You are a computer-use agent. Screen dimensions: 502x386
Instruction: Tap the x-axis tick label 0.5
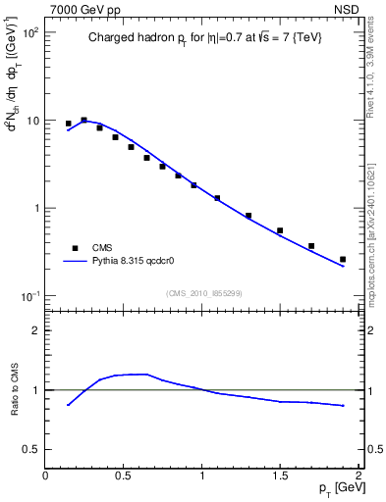point(124,476)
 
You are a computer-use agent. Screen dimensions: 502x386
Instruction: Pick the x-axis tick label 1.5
point(280,476)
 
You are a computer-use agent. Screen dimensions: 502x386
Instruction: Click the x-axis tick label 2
point(358,476)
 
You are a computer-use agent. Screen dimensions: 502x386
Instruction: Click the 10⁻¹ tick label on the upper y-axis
point(28,297)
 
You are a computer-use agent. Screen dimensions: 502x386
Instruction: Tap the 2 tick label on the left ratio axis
point(35,330)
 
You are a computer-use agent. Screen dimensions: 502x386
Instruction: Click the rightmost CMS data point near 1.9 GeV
point(343,259)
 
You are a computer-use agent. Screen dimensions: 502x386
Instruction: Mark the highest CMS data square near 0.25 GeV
point(83,120)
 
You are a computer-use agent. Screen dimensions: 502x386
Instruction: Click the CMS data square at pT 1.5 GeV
point(280,230)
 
